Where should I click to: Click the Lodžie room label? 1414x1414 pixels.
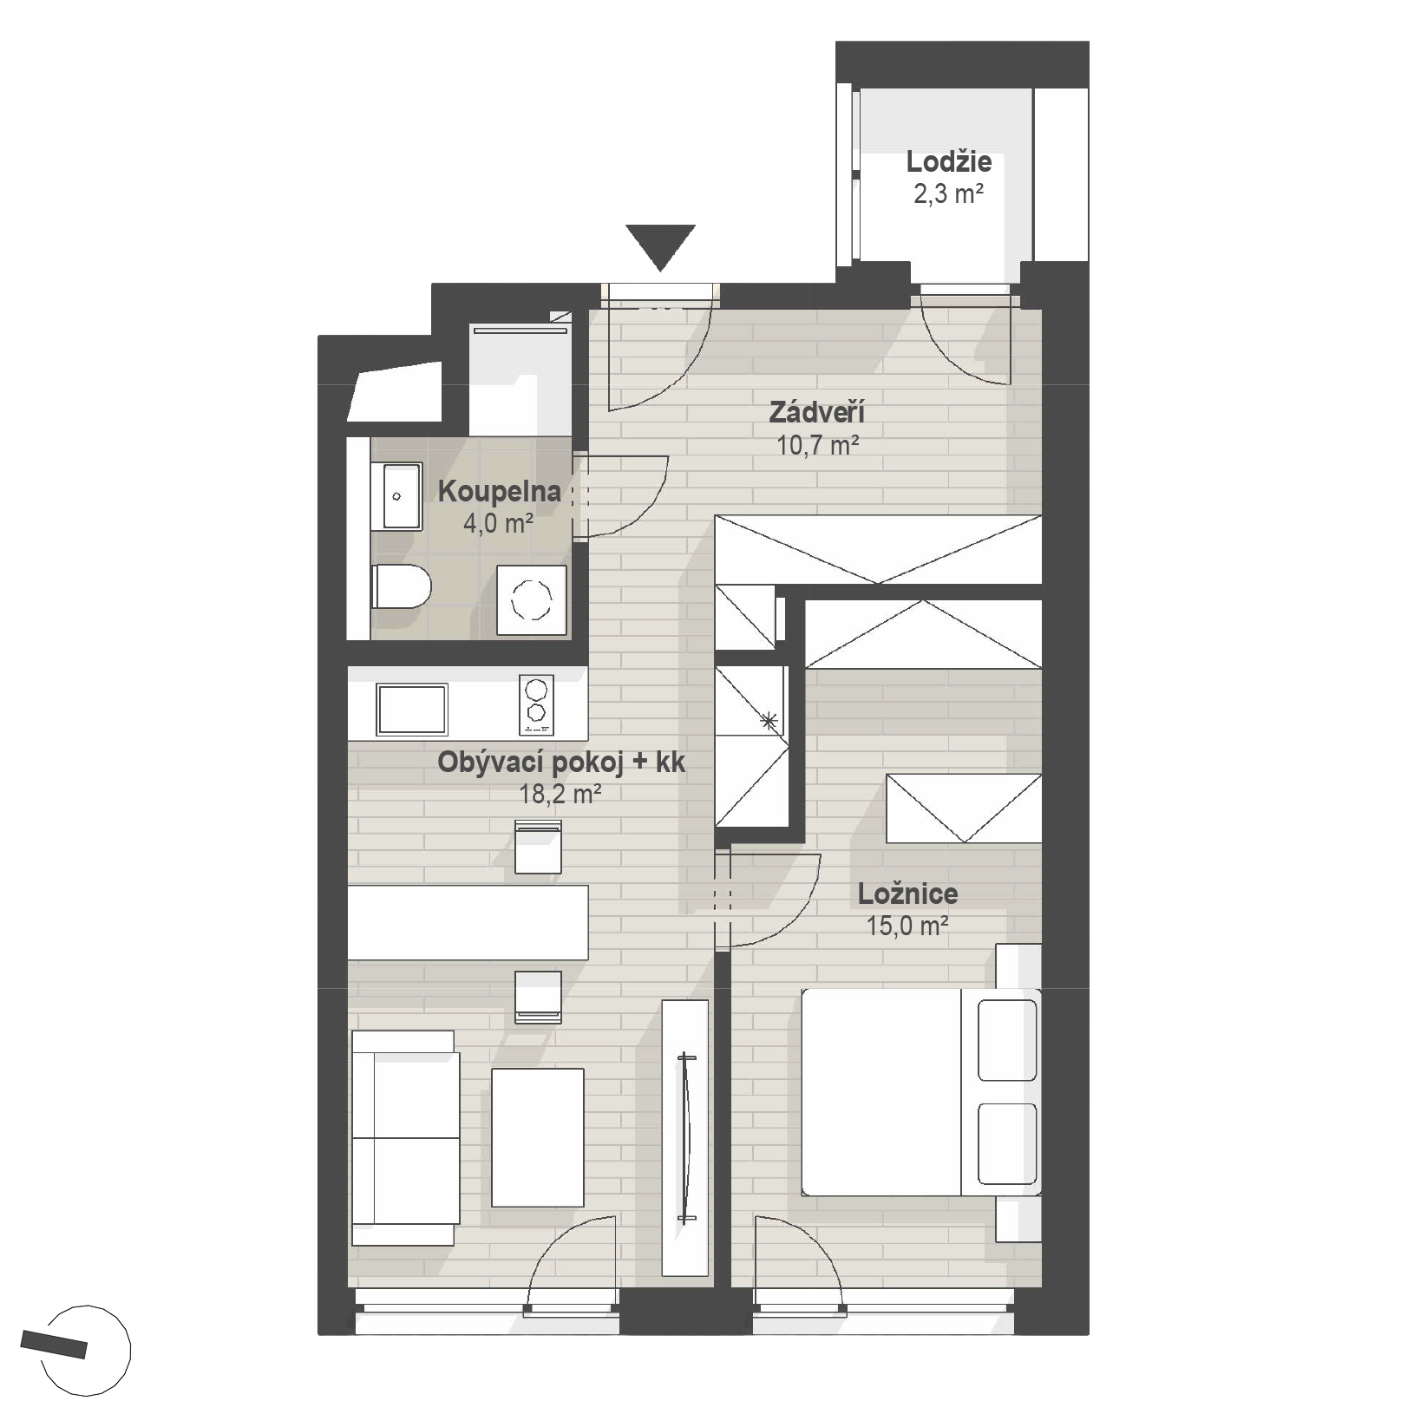(949, 162)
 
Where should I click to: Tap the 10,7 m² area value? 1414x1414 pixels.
(818, 446)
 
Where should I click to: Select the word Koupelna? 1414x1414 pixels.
(499, 492)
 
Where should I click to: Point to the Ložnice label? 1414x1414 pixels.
(908, 894)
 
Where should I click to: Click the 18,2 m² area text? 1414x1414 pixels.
(560, 793)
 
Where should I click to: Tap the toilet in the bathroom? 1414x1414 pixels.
(401, 586)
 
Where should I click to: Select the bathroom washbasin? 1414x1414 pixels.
(396, 496)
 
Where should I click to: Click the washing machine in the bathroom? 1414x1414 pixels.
(532, 599)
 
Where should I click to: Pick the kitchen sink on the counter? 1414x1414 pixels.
(412, 710)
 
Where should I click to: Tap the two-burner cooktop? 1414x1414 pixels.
(536, 703)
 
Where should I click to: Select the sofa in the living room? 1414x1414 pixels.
(404, 1138)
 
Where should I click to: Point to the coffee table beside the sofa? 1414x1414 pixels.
(538, 1137)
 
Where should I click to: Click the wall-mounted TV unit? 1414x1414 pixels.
(685, 1137)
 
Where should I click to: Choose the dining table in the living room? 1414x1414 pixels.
(468, 922)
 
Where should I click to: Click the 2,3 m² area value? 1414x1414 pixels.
(948, 194)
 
